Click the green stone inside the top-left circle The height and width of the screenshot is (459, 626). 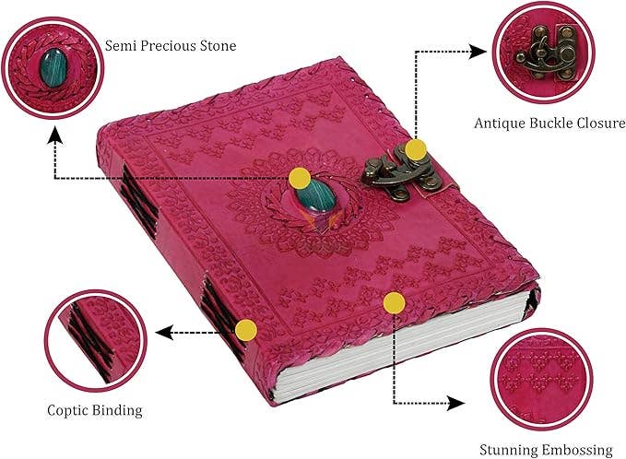[x=53, y=67]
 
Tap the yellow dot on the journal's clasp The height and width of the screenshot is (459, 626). [x=416, y=149]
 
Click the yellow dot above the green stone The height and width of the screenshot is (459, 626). [x=300, y=178]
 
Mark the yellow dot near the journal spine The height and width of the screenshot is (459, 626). [x=246, y=331]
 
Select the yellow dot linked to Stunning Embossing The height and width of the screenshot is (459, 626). [x=394, y=303]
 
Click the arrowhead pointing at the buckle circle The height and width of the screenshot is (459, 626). [x=477, y=52]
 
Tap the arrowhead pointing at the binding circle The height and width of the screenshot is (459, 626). [x=164, y=333]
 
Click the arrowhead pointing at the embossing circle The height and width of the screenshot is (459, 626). [x=455, y=403]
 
